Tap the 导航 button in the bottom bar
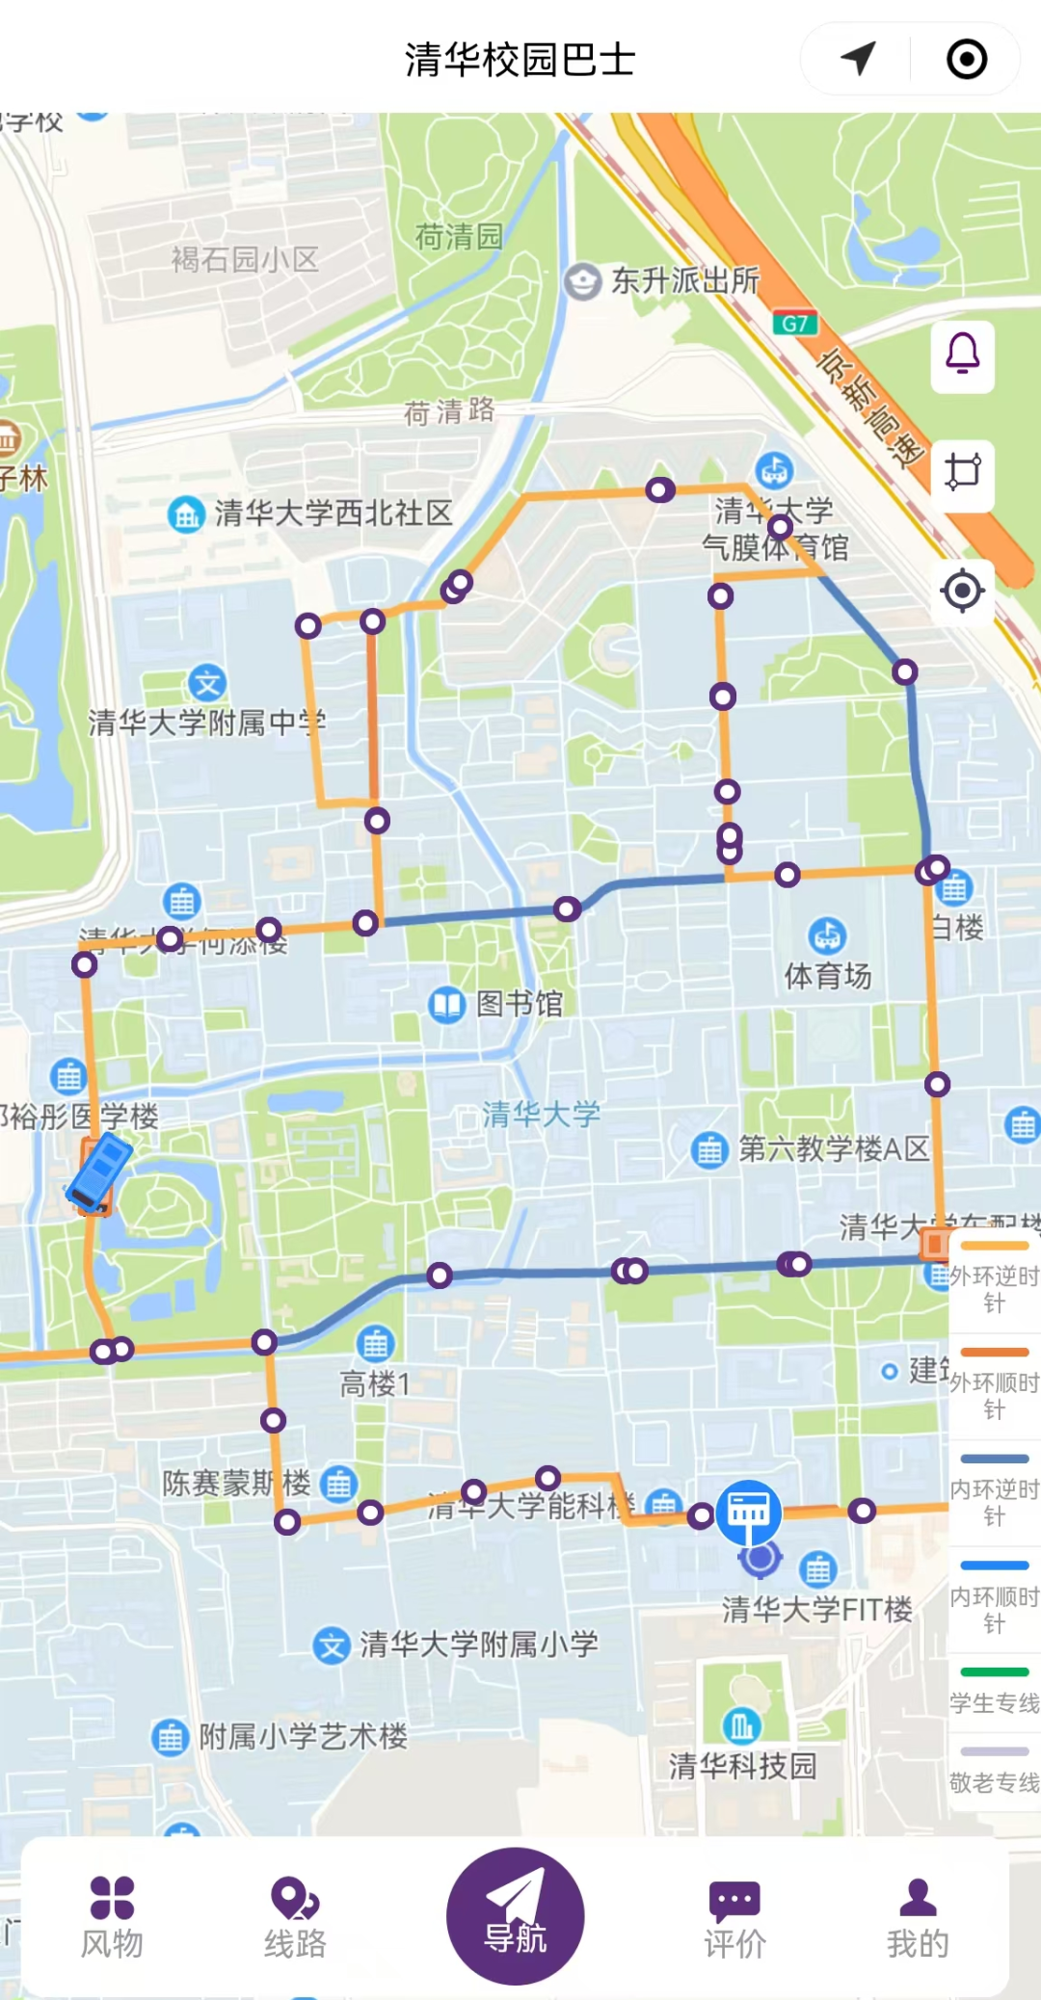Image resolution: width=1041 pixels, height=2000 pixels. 515,1915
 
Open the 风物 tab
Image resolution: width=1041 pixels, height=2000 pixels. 112,1917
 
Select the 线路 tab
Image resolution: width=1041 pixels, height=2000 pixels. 295,1917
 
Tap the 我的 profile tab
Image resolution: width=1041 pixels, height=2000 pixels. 918,1917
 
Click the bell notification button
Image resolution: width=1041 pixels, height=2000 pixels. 962,356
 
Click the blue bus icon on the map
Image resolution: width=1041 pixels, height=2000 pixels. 98,1171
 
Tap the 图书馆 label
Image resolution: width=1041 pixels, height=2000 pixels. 519,1004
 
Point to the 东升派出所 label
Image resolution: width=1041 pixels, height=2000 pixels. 684,280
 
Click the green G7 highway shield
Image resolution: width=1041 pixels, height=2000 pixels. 795,324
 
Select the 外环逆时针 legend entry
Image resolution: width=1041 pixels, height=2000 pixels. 995,1277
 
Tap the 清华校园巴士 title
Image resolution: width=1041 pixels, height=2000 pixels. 520,60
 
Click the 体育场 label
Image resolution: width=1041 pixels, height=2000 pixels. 827,975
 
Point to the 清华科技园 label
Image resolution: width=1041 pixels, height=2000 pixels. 742,1765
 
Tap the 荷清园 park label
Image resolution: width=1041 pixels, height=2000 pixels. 459,236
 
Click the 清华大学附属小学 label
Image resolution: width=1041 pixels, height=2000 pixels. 478,1644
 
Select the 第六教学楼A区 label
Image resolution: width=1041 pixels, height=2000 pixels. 833,1148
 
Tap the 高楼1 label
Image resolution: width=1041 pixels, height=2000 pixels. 375,1383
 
